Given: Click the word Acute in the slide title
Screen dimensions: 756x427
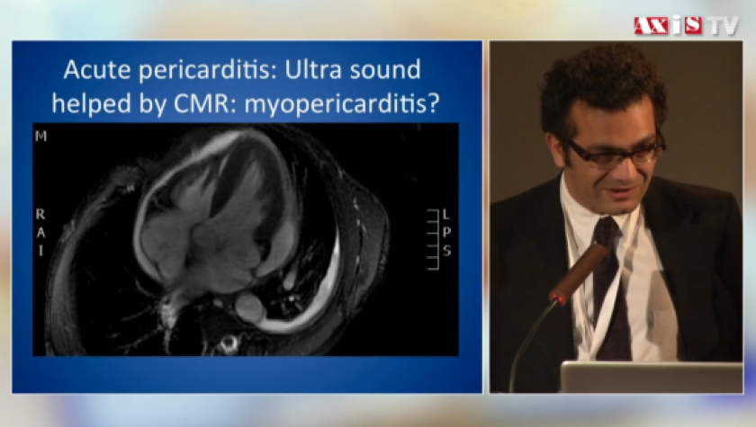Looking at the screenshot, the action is [96, 70].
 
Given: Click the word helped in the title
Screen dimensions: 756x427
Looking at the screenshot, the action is [91, 103].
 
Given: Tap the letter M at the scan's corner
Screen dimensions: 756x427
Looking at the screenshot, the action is [41, 137].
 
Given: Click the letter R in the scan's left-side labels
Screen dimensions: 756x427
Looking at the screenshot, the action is [40, 214].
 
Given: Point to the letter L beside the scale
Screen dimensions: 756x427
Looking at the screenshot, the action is [446, 214].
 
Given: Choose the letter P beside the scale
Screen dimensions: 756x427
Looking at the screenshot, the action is [446, 232].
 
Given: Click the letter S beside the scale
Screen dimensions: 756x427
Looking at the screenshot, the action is [447, 250].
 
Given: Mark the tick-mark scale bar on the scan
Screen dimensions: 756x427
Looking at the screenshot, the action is [434, 239].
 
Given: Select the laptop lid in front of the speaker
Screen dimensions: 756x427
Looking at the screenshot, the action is [652, 378].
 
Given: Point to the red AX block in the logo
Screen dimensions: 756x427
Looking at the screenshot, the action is [651, 25].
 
